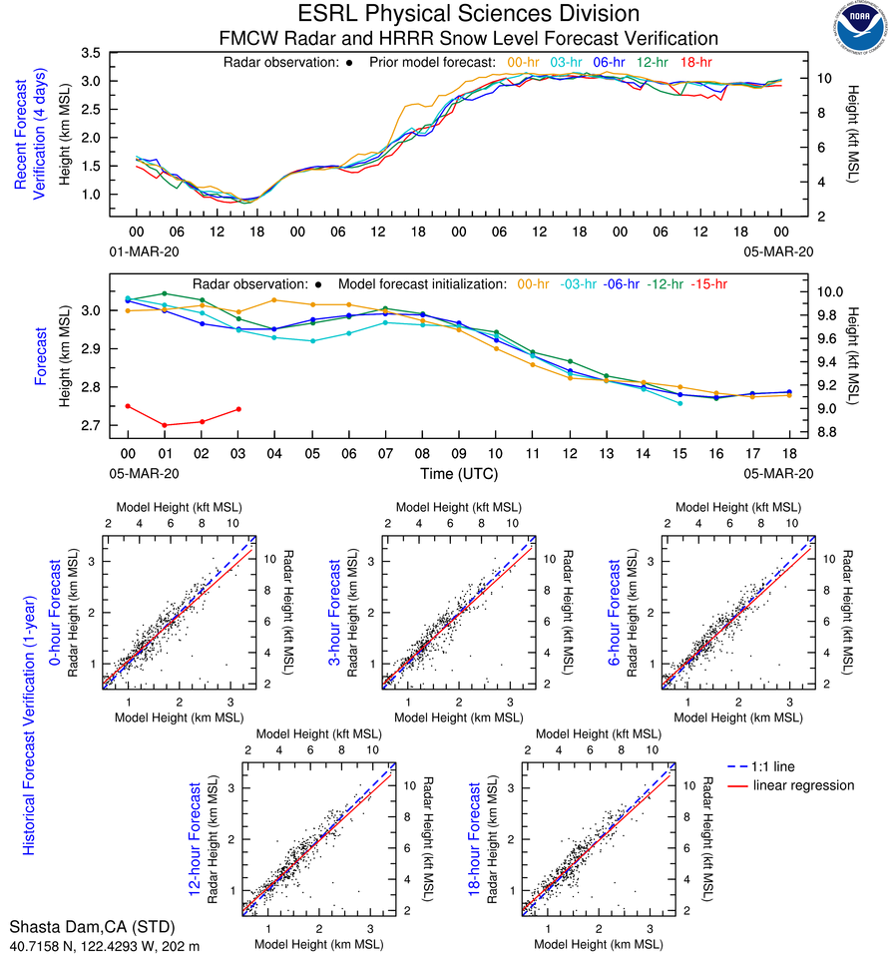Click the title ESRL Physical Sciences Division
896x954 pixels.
(x=469, y=14)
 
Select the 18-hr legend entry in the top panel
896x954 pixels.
(x=696, y=63)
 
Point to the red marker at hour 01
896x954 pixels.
(x=165, y=425)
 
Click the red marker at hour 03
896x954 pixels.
(x=238, y=409)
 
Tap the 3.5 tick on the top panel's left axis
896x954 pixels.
(x=92, y=52)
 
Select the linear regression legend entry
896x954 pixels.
(x=803, y=785)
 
